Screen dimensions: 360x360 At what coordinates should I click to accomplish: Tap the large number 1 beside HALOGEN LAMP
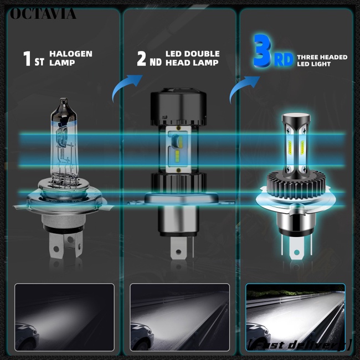pos(27,59)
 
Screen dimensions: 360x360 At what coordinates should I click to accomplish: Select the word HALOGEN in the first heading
pos(71,54)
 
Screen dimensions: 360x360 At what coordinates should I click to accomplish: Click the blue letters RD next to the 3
pos(284,60)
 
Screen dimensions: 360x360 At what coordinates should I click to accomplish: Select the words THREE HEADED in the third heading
pos(322,56)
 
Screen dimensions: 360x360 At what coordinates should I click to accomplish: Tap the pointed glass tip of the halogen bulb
pos(62,102)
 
